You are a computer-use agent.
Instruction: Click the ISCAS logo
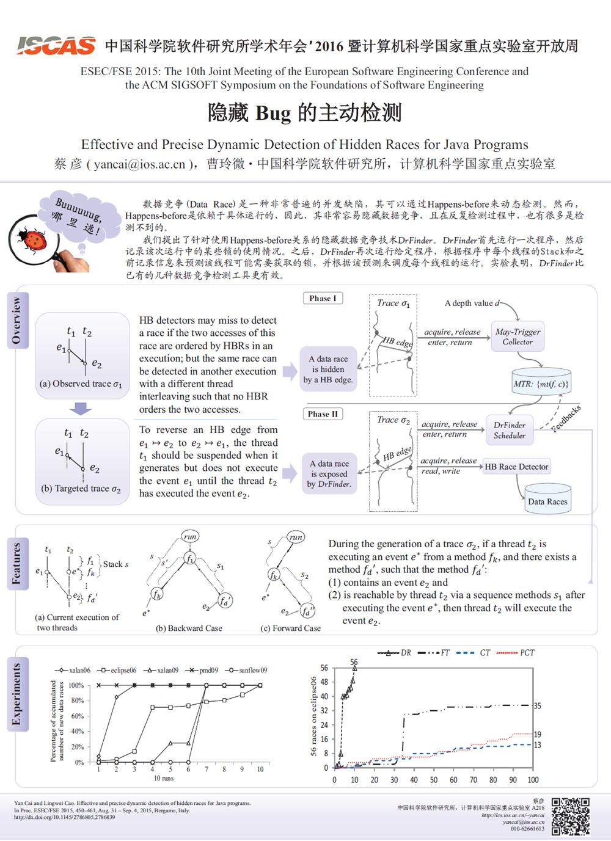(x=56, y=46)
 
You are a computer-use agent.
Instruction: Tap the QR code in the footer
(x=570, y=816)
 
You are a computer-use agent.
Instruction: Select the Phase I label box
(x=323, y=298)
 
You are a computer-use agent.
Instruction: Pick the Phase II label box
(x=323, y=414)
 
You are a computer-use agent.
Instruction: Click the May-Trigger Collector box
(x=518, y=337)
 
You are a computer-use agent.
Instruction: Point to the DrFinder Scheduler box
(x=509, y=430)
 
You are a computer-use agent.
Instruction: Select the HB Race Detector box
(x=516, y=467)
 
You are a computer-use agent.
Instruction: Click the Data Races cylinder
(x=547, y=498)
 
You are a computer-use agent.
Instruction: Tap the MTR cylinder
(x=541, y=381)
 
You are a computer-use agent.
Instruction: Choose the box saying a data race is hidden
(x=328, y=369)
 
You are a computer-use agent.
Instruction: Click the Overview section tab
(x=16, y=320)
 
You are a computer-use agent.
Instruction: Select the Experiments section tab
(x=16, y=694)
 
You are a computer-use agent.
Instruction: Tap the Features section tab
(x=16, y=563)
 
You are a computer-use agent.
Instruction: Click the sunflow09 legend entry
(x=247, y=670)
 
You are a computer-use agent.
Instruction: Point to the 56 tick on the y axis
(x=324, y=668)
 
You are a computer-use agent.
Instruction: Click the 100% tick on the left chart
(x=76, y=685)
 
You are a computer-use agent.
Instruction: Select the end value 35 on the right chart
(x=538, y=705)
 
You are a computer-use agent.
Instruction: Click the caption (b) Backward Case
(x=189, y=628)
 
